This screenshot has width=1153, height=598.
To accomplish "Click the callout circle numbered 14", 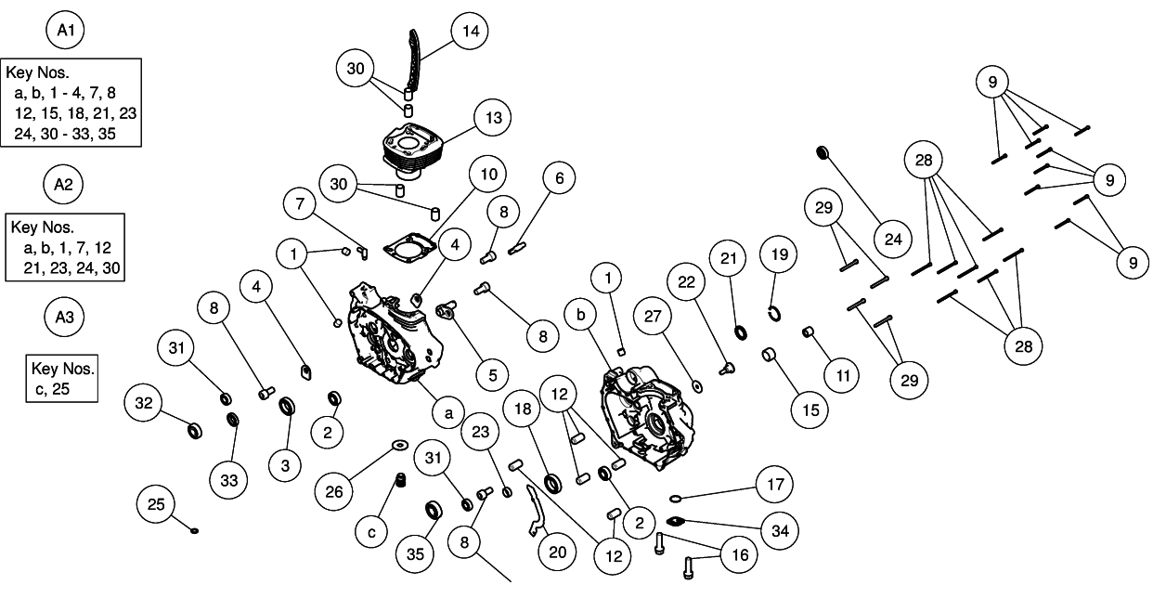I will (x=470, y=32).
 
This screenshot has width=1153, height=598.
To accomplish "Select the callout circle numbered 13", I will (x=492, y=118).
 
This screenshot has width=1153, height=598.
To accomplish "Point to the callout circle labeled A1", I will (x=66, y=32).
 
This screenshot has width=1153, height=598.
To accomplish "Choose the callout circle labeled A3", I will (x=63, y=318).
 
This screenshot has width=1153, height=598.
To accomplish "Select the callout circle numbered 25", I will (x=155, y=504).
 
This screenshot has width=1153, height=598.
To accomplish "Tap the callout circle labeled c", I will (x=372, y=532).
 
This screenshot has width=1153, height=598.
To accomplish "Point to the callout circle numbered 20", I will (x=557, y=552).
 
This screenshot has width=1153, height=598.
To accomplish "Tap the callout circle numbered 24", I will (x=893, y=240).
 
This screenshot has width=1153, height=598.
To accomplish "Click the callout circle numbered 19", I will (x=780, y=254).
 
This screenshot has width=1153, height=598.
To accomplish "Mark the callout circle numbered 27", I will (x=654, y=317).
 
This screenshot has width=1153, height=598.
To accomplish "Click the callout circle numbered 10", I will (x=488, y=175).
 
